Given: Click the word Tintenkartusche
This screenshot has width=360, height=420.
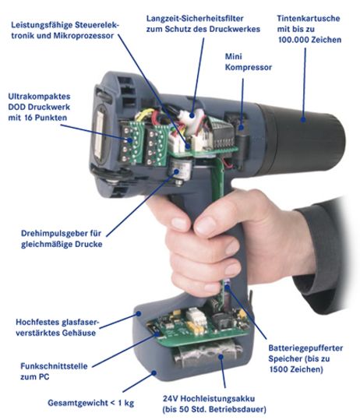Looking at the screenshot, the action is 309,19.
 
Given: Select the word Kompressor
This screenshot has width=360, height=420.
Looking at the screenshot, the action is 249,67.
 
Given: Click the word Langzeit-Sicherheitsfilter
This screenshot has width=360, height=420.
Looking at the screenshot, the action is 195,19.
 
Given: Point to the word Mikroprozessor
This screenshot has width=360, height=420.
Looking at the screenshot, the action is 83,36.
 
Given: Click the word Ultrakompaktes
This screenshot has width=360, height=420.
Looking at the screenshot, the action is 39,97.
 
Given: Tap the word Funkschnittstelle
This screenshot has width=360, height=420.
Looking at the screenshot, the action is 54,366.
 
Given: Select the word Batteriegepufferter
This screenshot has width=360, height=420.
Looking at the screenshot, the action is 305,348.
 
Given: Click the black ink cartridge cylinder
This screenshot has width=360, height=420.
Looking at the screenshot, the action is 302,139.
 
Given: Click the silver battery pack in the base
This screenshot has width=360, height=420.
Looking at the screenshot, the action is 207,355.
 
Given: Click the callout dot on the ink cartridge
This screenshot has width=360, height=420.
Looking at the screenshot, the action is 303,119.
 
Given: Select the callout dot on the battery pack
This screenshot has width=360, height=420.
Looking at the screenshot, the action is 221,356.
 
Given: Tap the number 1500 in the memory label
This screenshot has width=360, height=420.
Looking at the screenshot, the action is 279,369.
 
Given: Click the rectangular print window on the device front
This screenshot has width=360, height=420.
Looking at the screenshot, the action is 98,136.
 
